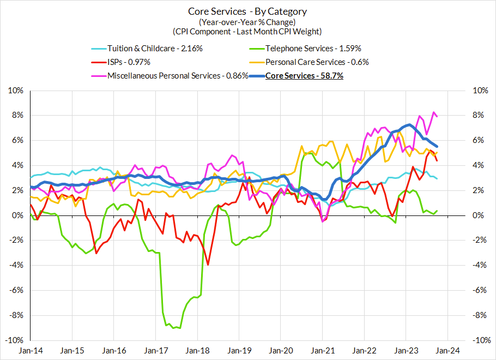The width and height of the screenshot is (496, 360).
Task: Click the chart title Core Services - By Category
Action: click(247, 11)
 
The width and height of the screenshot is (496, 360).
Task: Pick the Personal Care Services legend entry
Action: click(317, 62)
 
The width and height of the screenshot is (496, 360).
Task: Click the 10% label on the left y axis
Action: click(16, 91)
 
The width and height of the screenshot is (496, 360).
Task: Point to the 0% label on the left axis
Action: click(18, 215)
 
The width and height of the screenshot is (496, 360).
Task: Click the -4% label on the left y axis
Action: click(17, 266)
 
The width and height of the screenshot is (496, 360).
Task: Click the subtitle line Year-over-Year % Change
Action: click(247, 22)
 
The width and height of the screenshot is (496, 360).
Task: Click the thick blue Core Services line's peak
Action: click(408, 125)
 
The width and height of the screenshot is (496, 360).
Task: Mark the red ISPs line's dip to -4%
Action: click(208, 265)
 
